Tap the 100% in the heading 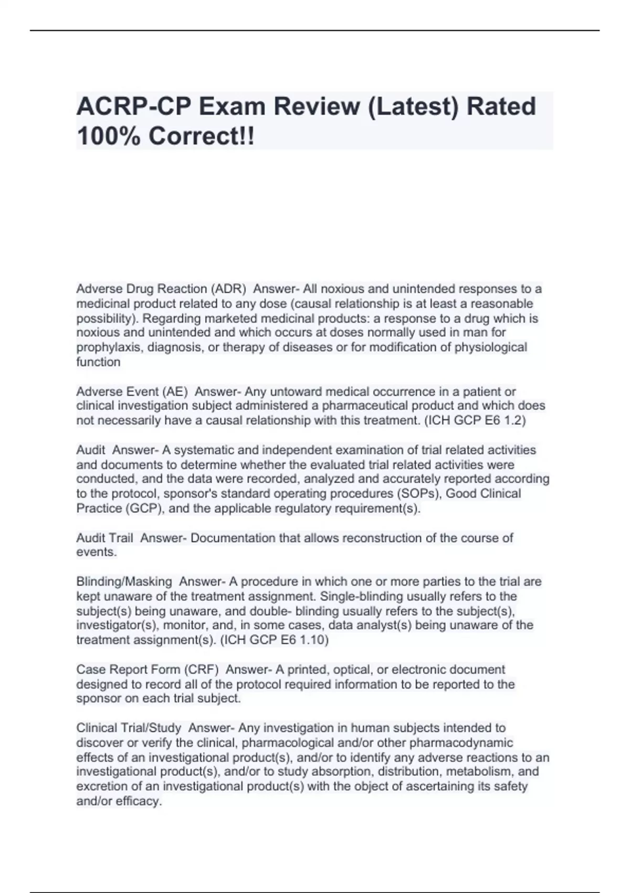point(109,137)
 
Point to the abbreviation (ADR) point(228,289)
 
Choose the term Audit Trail point(105,538)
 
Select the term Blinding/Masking point(124,582)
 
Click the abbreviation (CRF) point(201,670)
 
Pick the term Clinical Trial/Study point(129,728)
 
